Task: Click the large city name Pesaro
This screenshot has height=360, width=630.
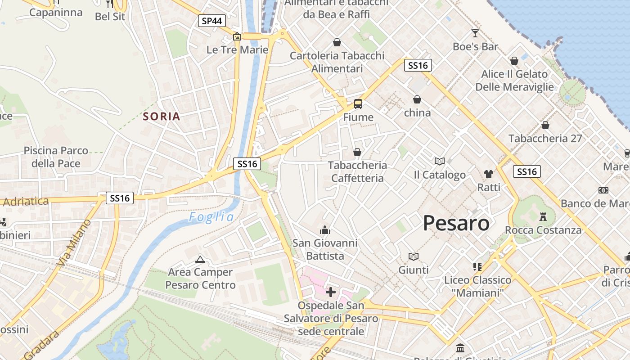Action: [456, 223]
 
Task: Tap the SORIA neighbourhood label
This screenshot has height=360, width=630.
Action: [162, 117]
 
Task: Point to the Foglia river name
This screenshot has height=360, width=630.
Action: [211, 217]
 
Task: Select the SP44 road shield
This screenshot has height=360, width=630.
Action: [212, 21]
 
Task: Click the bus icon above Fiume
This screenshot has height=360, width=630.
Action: [358, 104]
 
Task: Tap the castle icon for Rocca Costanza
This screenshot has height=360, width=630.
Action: [543, 217]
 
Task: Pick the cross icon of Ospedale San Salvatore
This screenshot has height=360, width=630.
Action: [331, 292]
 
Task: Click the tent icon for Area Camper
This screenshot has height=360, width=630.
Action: [200, 259]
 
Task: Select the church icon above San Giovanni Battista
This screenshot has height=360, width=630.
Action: [325, 230]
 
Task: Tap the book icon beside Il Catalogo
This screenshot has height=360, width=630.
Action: [439, 161]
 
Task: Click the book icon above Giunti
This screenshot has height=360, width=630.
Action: [414, 256]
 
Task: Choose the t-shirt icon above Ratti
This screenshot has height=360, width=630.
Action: [489, 174]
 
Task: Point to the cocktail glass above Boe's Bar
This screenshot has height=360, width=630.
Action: [475, 33]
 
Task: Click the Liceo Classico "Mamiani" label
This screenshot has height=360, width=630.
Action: [477, 287]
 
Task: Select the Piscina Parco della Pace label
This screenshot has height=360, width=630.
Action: [56, 157]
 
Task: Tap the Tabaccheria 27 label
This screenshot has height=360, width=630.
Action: [545, 139]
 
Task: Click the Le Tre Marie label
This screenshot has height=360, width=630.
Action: [238, 49]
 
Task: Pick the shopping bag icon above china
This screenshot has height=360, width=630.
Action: [417, 99]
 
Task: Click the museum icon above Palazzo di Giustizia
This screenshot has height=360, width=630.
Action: [460, 348]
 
